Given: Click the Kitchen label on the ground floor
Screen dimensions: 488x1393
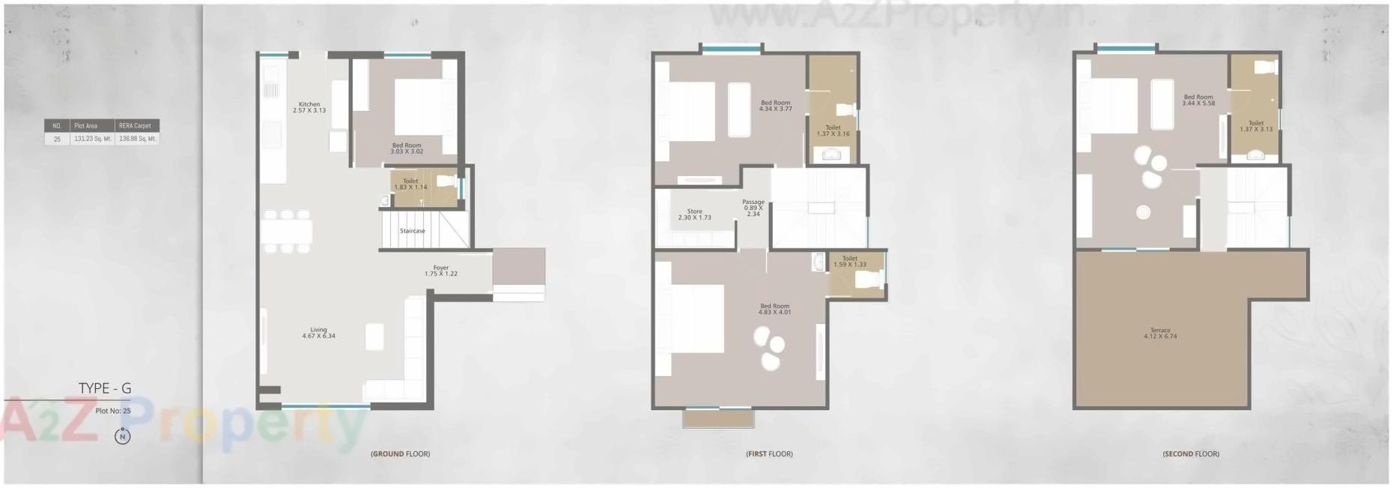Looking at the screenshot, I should [x=309, y=104].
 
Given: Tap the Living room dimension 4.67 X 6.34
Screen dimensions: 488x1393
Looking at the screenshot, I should [x=318, y=336].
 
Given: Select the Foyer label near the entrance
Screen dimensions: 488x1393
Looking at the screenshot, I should [x=440, y=268].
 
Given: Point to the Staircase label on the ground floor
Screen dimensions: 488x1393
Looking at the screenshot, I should [x=412, y=231].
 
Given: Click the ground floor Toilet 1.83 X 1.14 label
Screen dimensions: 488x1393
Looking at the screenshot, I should [x=410, y=184].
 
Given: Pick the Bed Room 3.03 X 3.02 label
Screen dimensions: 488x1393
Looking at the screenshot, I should [x=407, y=148].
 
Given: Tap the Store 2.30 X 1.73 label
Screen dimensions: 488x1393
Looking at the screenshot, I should [x=694, y=214].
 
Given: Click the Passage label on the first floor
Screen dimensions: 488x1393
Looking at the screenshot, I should [x=753, y=202].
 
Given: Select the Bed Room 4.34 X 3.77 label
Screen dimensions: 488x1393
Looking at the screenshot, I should [x=775, y=106].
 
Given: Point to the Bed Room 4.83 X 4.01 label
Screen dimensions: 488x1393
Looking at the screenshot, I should [x=774, y=309].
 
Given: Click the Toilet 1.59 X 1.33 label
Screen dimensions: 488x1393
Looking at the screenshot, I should [x=849, y=262].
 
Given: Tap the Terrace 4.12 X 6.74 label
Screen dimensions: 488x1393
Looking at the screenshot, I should [x=1160, y=334].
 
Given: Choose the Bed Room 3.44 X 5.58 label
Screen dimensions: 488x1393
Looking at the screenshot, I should [x=1198, y=100].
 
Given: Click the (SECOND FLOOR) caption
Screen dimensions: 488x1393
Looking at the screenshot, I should [x=1191, y=454].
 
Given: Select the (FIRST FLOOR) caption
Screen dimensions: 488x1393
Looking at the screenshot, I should [x=769, y=454].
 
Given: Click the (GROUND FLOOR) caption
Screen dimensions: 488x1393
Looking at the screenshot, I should [x=400, y=454].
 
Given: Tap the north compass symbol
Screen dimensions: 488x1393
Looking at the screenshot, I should [x=123, y=436].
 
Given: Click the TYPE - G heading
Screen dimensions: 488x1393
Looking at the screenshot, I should [x=105, y=388].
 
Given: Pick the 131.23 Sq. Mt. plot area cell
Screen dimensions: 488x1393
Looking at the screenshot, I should [x=92, y=139].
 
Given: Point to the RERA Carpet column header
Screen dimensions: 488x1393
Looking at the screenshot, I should [x=135, y=126].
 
